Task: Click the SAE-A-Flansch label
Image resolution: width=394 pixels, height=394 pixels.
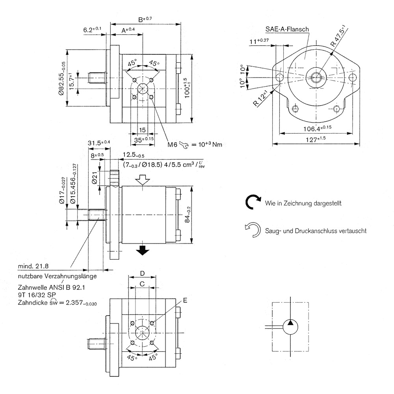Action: click(x=286, y=29)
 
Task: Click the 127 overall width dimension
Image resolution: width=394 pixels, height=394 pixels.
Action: click(x=316, y=139)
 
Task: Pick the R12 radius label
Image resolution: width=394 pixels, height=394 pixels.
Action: click(x=260, y=98)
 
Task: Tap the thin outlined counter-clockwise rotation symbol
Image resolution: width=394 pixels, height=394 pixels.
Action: click(x=253, y=230)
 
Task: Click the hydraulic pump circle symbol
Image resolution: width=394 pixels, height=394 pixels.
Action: click(x=290, y=326)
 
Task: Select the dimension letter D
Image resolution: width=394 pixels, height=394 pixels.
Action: click(x=143, y=273)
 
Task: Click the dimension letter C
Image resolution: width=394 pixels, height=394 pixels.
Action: click(x=142, y=283)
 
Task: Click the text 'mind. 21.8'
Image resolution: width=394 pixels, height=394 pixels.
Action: click(x=33, y=266)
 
